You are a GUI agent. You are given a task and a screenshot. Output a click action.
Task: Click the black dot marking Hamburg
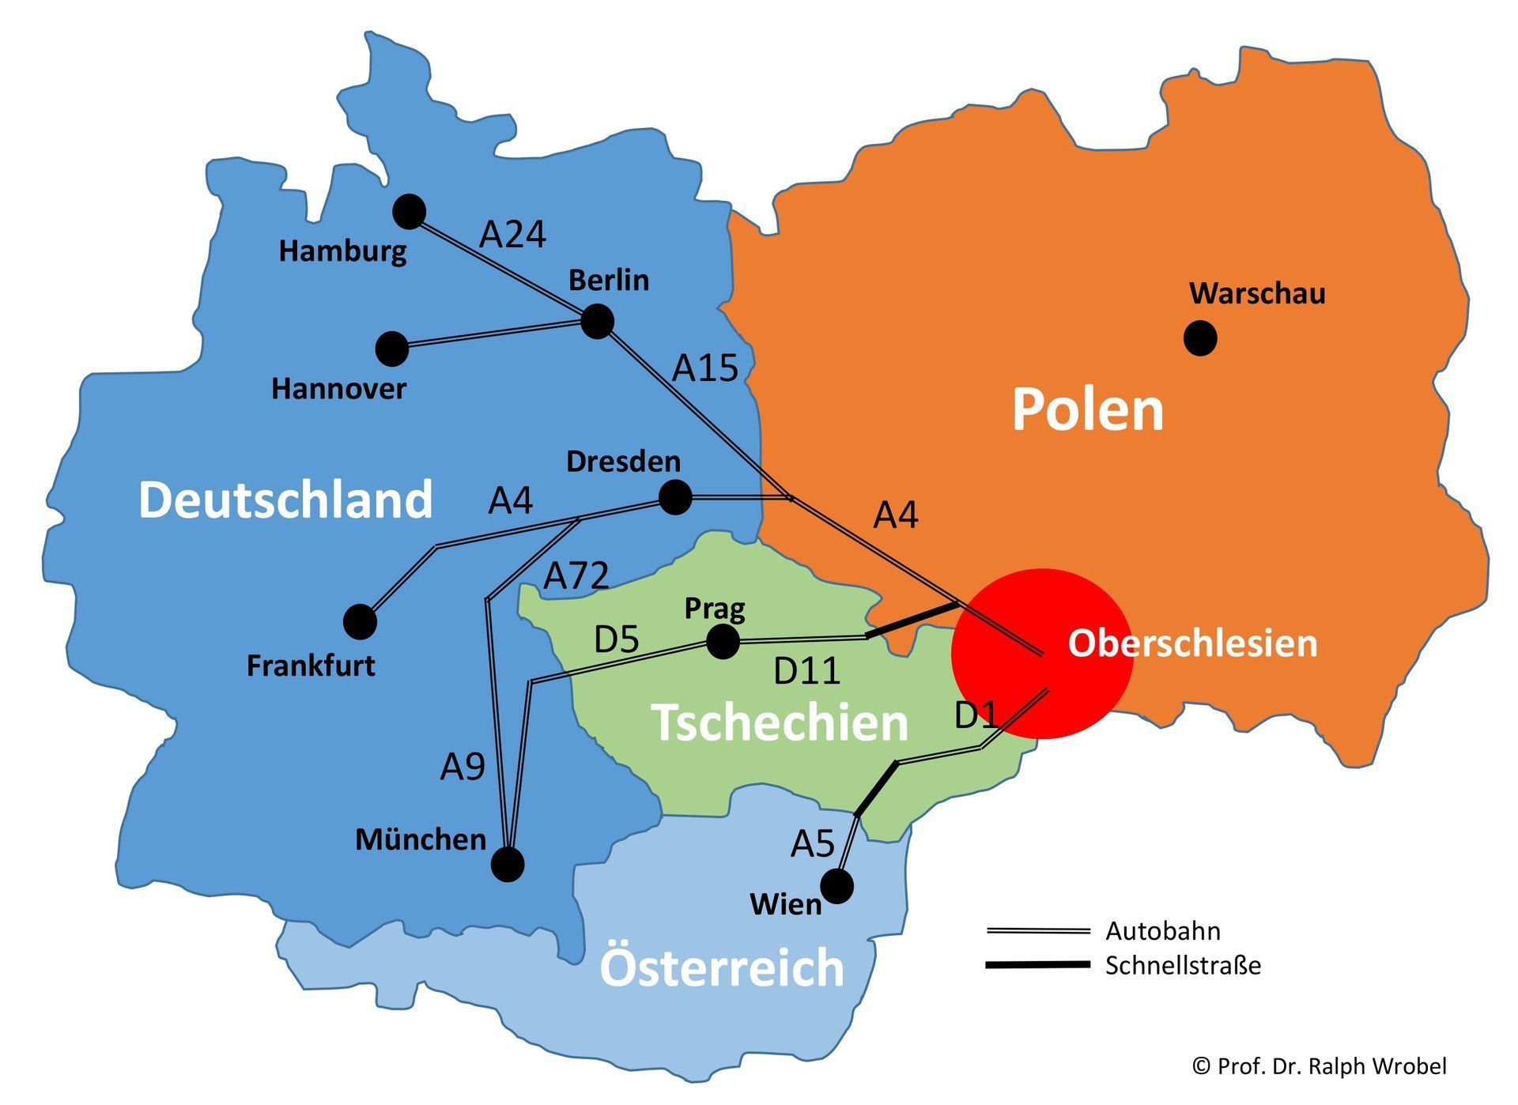[x=410, y=211]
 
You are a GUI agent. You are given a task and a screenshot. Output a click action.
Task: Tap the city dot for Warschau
[x=1200, y=338]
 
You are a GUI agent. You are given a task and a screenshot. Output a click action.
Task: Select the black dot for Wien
[x=837, y=886]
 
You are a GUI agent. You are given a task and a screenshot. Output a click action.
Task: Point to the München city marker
[x=508, y=865]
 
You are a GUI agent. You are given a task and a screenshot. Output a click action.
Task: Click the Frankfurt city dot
[x=360, y=622]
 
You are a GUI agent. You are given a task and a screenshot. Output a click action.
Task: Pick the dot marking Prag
[x=722, y=641]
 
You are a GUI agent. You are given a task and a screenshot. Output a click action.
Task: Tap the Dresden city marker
[x=675, y=497]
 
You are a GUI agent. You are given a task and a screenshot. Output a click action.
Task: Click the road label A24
[x=513, y=235]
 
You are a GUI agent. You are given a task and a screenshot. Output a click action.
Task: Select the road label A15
[x=705, y=368]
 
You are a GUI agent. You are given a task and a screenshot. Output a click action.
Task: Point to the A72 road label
[x=576, y=575]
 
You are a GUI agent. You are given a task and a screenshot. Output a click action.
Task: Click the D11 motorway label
[x=806, y=671]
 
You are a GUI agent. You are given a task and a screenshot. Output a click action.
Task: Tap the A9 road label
[x=463, y=767]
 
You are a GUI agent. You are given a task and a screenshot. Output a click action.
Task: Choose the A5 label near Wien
[x=813, y=844]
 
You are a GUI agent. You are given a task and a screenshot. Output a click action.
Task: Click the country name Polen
[x=1088, y=409]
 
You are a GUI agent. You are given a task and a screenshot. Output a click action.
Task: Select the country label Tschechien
[x=780, y=722]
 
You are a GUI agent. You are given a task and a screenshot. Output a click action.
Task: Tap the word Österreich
[x=722, y=967]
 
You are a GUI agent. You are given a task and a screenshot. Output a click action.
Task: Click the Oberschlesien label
[x=1192, y=643]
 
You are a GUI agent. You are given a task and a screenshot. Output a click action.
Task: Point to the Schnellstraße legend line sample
[x=1037, y=965]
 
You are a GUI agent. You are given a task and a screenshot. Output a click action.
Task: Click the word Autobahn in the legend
[x=1162, y=931]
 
